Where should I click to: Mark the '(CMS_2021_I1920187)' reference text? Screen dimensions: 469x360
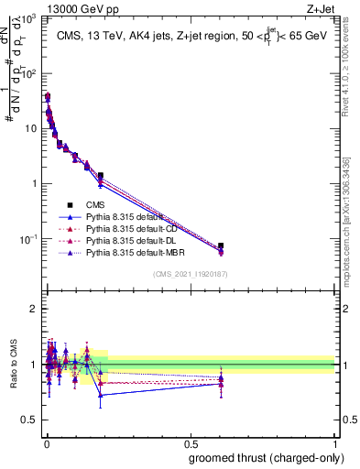190,275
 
